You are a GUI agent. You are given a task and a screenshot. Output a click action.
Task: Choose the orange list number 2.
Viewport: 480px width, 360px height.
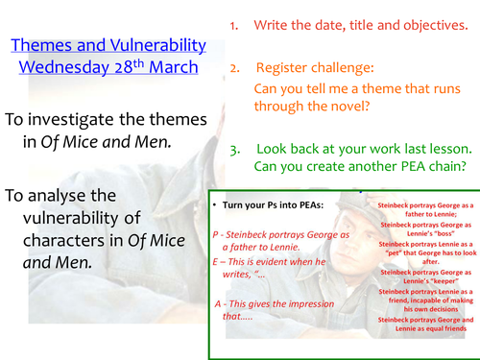click(x=233, y=69)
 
